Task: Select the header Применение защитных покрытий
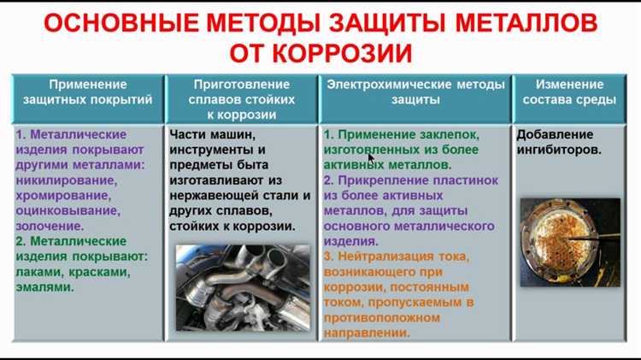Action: point(87,92)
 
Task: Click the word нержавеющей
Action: point(215,196)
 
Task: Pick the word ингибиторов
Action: point(558,150)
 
